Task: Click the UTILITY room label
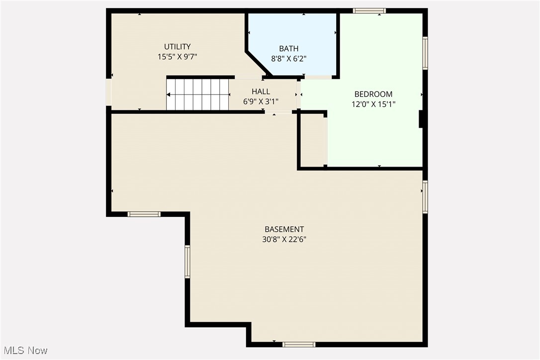point(178,47)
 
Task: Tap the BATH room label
point(288,48)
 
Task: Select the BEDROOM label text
point(373,94)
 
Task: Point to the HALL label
point(261,91)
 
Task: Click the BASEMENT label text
point(284,229)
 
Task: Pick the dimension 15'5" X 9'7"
point(178,57)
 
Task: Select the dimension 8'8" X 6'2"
point(288,58)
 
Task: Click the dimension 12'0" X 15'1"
point(373,104)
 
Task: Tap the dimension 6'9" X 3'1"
point(261,101)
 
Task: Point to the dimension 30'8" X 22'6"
point(284,239)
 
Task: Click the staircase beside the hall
point(197,94)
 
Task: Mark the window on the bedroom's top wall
point(369,10)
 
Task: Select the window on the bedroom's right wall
point(425,53)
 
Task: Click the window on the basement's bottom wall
point(299,344)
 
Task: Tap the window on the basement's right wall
point(425,196)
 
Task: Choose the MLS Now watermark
point(24,351)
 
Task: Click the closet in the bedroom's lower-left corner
point(312,141)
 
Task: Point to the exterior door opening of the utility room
point(108,92)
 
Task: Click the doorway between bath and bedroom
point(318,77)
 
